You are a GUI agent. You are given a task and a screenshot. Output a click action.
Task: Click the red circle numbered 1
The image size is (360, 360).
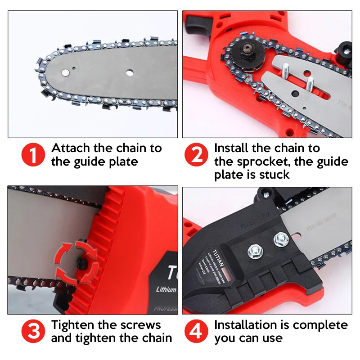tap(33, 155)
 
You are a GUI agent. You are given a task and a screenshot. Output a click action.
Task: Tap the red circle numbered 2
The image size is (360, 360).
tap(197, 155)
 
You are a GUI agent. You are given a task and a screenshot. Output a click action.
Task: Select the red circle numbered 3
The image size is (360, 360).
tap(33, 332)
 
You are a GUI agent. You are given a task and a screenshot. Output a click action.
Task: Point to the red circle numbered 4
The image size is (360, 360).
tap(197, 332)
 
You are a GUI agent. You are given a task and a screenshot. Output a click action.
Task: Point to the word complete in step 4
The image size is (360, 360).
tap(323, 325)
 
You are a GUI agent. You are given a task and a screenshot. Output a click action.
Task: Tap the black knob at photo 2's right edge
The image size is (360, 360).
tap(346, 48)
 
